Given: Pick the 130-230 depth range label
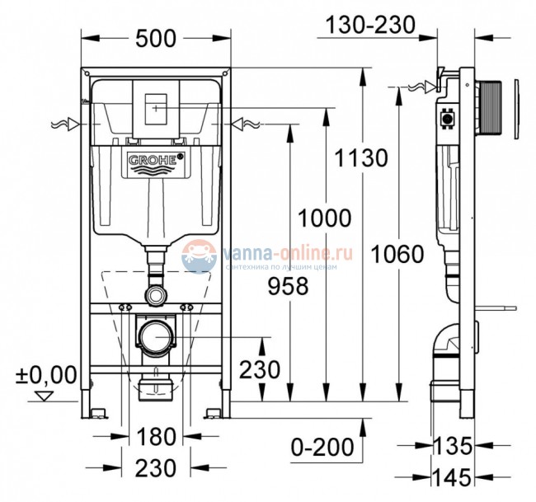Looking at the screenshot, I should click(x=370, y=26).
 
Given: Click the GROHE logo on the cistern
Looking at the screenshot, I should click(x=154, y=162).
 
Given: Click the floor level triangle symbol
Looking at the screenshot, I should click(x=45, y=397).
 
